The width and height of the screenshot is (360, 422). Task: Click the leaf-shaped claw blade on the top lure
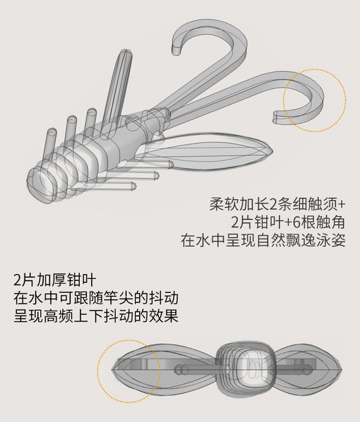pos(205,152)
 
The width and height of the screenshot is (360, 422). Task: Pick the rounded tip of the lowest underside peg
pos(133,186)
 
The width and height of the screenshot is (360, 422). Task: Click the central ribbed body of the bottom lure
pos(247,368)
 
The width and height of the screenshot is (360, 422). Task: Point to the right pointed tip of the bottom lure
pos(341,369)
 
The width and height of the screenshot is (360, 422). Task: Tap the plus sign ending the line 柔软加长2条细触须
pos(341,205)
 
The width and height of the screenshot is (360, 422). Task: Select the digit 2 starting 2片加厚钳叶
pos(18,280)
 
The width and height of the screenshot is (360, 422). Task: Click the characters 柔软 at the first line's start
pos(224,205)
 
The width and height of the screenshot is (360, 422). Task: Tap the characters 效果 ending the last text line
pos(163,315)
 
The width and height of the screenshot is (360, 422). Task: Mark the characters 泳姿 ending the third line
pos(331,240)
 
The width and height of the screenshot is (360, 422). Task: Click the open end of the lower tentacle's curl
pos(276,117)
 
